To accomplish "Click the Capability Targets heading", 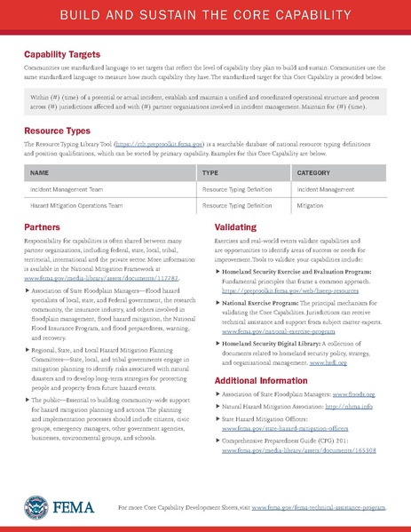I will (x=61, y=53).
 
